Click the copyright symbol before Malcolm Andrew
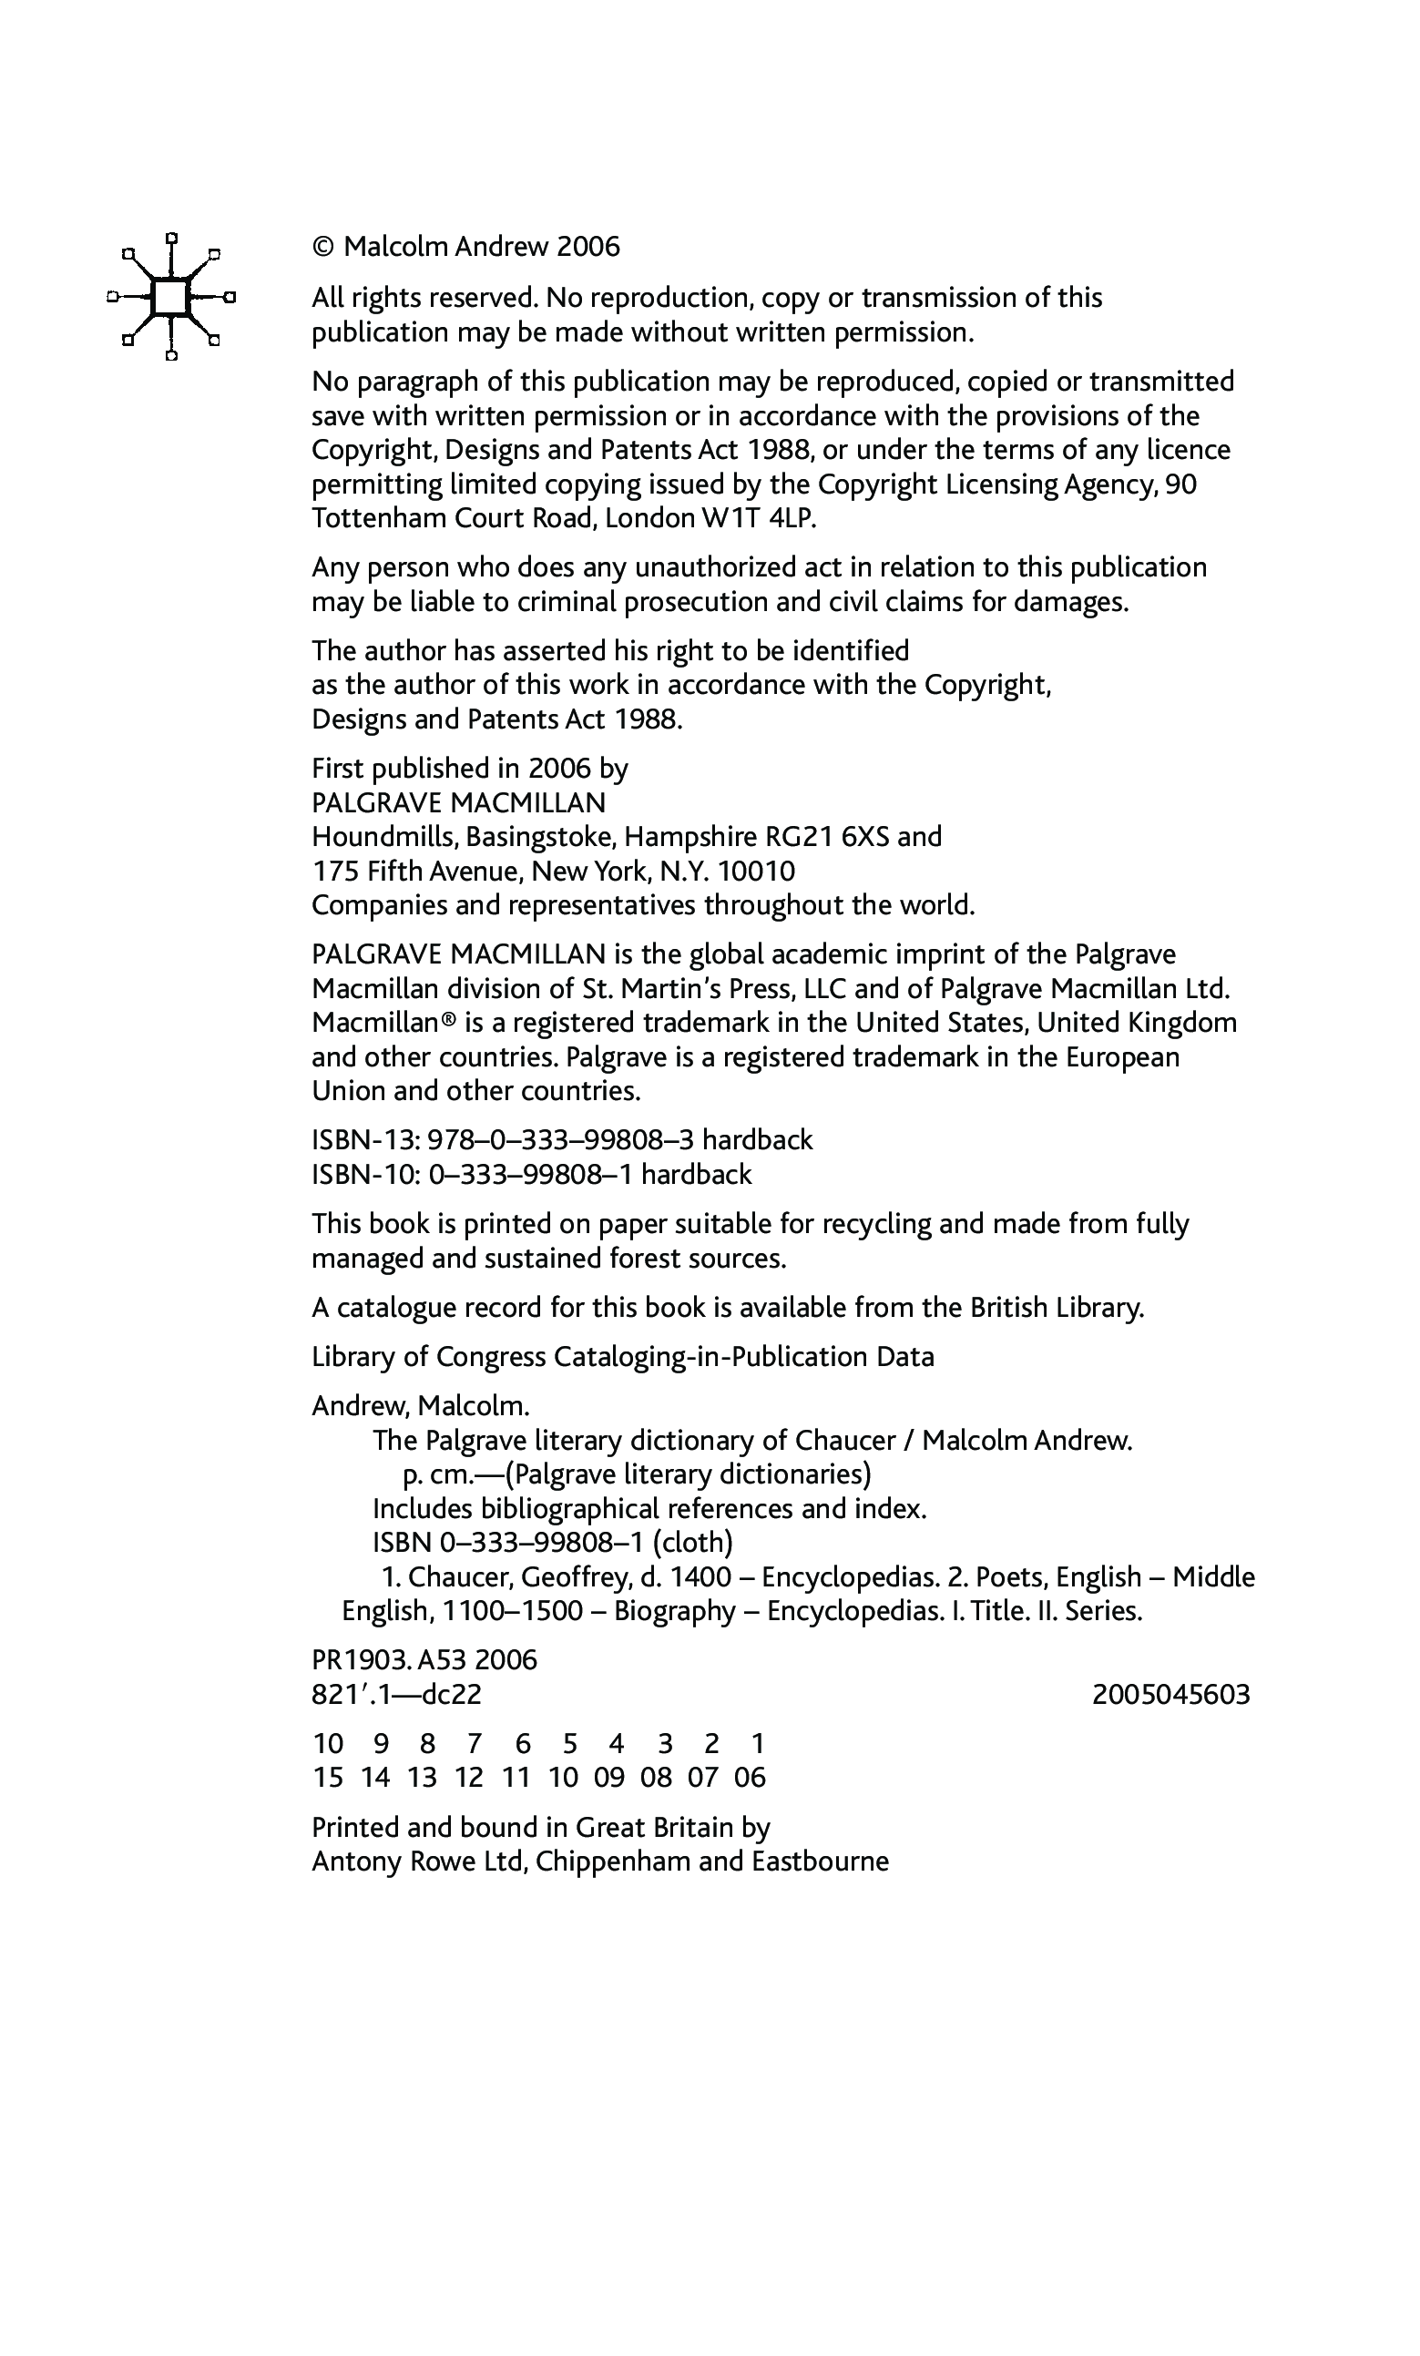(x=323, y=247)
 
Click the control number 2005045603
(x=1170, y=1694)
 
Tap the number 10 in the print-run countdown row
(x=328, y=1743)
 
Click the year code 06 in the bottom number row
(x=750, y=1778)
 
